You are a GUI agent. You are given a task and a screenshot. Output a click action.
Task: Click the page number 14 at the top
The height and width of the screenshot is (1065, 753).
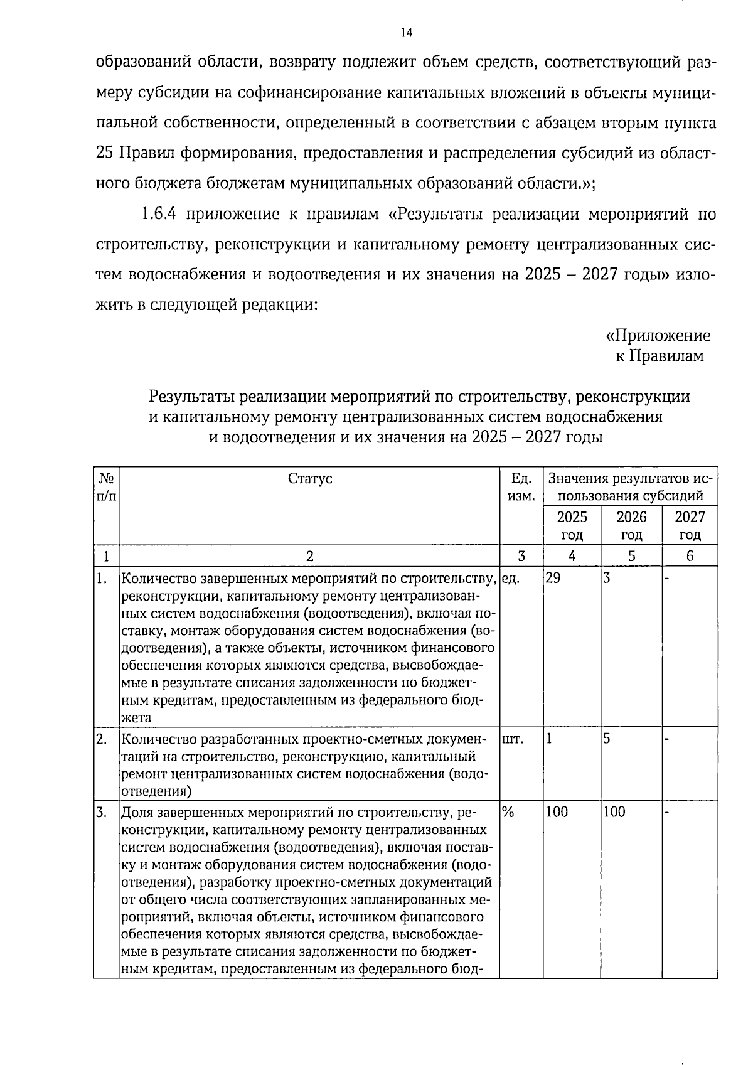tap(406, 33)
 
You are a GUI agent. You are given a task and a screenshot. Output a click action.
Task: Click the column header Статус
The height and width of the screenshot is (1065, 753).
tap(310, 479)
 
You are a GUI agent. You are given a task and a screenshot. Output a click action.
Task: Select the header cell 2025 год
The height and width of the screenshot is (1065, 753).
tap(572, 526)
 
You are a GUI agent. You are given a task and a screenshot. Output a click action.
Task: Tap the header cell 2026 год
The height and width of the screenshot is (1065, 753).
tap(631, 526)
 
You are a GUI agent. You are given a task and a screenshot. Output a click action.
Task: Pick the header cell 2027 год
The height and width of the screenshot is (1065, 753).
tap(690, 526)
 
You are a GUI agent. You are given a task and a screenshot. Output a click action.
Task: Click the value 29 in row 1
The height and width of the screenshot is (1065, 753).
tap(553, 579)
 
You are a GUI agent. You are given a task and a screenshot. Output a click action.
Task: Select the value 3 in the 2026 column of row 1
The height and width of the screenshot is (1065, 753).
tap(607, 579)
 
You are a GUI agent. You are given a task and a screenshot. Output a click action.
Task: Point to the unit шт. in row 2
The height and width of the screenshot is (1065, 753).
tap(513, 739)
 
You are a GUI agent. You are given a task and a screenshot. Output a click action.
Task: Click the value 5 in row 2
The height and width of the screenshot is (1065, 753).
tap(607, 739)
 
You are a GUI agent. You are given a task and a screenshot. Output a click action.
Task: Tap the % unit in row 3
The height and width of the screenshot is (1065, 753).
tap(508, 812)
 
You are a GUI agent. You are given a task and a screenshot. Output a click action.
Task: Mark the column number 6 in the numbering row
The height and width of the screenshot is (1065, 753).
tap(690, 556)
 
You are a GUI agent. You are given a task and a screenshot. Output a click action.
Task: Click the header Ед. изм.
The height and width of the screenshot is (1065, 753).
tap(521, 488)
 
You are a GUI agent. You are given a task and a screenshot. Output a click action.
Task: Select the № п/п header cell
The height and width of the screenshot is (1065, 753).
tap(106, 488)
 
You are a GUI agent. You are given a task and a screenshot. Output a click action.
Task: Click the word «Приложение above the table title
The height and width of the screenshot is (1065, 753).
tap(658, 335)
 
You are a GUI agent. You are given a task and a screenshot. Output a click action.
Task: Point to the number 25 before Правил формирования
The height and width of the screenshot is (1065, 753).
tap(105, 153)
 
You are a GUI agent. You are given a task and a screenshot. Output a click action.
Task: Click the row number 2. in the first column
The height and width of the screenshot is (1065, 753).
tap(102, 739)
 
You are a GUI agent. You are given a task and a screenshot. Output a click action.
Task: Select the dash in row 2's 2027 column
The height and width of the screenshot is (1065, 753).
tap(668, 739)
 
